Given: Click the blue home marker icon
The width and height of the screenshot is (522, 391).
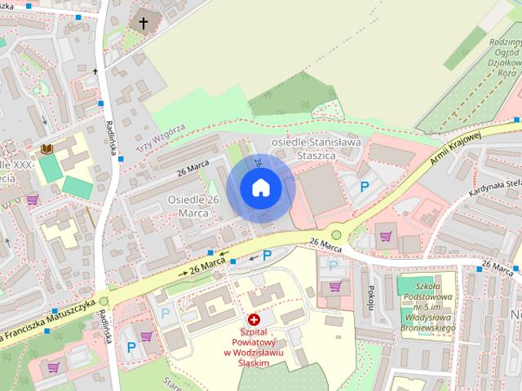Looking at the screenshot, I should tap(260, 188).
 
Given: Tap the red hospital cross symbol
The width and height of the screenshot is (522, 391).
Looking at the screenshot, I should tap(254, 320).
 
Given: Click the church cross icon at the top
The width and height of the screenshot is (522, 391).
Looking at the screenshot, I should tap(144, 24).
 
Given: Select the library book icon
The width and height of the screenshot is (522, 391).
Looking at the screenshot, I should tap(47, 149).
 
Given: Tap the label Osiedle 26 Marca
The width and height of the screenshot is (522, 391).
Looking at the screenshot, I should tap(193, 206).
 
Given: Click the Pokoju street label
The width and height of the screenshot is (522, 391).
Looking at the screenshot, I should tap(369, 297).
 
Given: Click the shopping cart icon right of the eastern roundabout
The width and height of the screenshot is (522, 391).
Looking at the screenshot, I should tap(386, 237).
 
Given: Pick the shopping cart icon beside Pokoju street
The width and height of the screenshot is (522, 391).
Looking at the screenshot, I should tap(335, 286).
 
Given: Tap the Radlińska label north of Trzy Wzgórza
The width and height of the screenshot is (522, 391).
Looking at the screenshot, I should tap(108, 138).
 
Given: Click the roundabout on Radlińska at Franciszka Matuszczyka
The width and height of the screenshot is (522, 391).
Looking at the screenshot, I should tap(104, 302).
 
